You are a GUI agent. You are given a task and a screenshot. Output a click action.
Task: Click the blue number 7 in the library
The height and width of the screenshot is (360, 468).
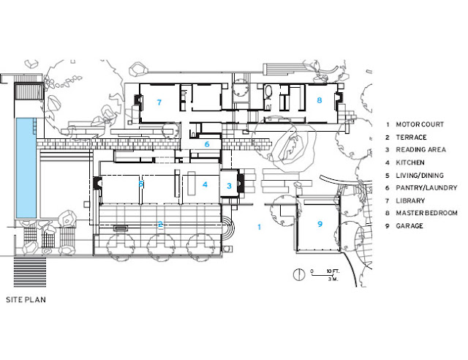[159, 102]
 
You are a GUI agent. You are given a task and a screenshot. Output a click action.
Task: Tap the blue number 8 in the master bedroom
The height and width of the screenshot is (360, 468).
[320, 100]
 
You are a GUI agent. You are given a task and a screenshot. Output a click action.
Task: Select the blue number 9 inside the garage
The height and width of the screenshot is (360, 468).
[320, 224]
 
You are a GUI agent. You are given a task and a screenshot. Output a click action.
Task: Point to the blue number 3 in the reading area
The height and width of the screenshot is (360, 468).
[229, 186]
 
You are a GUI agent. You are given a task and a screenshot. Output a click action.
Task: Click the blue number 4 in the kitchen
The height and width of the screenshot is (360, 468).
[205, 184]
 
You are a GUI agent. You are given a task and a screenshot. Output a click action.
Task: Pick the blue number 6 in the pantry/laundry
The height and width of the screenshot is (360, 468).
[207, 144]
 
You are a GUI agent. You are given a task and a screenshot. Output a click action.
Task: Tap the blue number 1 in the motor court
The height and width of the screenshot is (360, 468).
[259, 227]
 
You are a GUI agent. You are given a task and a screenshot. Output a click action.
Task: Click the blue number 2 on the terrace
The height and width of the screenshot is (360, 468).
[160, 224]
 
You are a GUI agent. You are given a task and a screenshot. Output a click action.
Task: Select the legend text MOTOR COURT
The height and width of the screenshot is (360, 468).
[420, 124]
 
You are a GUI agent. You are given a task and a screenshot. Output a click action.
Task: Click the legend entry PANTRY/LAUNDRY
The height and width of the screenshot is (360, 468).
[426, 187]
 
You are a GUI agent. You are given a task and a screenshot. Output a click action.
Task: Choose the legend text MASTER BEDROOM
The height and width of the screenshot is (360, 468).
[426, 213]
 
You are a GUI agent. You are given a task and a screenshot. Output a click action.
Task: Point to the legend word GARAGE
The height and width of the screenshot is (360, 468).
[409, 226]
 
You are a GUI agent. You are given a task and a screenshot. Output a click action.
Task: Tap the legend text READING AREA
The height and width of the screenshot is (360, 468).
[421, 150]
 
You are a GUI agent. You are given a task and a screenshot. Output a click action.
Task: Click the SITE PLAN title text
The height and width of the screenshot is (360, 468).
[26, 300]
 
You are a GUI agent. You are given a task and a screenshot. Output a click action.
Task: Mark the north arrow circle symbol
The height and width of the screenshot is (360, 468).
[298, 274]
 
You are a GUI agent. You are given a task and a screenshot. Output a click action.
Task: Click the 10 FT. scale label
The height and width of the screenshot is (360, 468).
[333, 271]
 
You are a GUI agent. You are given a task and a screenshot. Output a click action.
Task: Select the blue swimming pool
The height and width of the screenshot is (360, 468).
[26, 168]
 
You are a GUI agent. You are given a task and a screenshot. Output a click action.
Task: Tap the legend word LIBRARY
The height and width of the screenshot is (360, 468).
[410, 200]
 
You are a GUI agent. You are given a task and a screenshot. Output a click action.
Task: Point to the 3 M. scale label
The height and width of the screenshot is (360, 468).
[333, 279]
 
